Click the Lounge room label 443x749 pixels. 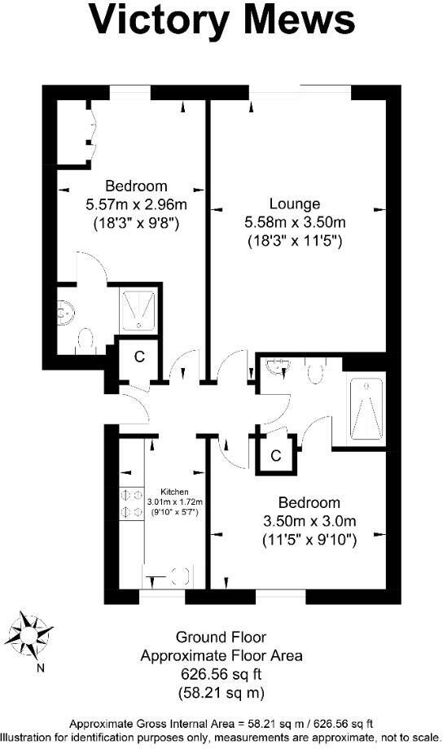pyautogui.click(x=295, y=204)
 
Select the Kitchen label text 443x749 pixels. pyautogui.click(x=174, y=492)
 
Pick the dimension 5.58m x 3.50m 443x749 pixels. pyautogui.click(x=295, y=222)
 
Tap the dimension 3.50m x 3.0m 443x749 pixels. pyautogui.click(x=309, y=520)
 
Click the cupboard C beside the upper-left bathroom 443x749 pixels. pyautogui.click(x=139, y=356)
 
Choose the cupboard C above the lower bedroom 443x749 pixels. pyautogui.click(x=276, y=455)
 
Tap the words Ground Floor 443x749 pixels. pyautogui.click(x=221, y=637)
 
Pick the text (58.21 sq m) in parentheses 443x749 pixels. pyautogui.click(x=221, y=694)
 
